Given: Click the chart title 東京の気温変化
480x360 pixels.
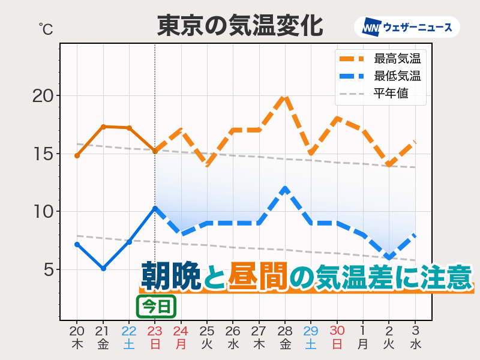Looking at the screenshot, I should point(240,26).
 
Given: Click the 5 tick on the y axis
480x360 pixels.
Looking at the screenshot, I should point(48,270).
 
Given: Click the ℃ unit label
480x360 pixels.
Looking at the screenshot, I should point(45,28).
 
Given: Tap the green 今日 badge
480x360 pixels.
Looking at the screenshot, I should point(157,307).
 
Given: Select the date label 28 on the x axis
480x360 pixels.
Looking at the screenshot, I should point(285,331).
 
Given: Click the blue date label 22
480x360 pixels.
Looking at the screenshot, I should point(129,331).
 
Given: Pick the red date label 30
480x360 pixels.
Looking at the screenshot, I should point(337,331).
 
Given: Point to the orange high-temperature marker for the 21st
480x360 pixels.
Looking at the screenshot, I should point(103,127).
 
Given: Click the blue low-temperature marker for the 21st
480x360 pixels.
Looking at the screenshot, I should point(103,268).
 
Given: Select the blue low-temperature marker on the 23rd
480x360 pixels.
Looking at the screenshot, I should point(155,208).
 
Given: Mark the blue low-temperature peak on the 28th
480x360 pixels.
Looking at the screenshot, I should point(286,188).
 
